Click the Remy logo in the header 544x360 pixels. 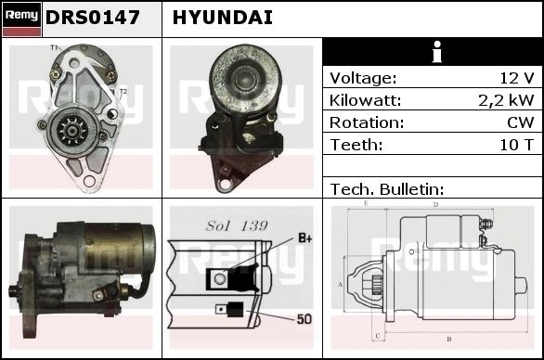tap(22, 19)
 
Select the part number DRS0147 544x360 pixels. tap(93, 18)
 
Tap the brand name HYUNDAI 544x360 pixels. tap(223, 18)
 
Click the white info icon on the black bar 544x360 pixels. tap(437, 52)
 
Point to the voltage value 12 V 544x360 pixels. tap(516, 78)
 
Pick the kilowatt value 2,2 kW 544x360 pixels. tap(506, 100)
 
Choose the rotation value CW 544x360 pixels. tap(521, 122)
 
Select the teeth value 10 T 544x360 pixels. tap(516, 145)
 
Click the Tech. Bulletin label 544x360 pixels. tap(387, 189)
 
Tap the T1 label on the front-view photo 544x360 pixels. tap(54, 47)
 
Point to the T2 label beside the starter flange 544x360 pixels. tap(123, 92)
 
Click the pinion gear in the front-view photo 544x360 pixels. tap(71, 131)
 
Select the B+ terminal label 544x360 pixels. tap(305, 238)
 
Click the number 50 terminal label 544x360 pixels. tap(304, 319)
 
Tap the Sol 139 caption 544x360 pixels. tap(237, 225)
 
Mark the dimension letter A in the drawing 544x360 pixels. tap(341, 285)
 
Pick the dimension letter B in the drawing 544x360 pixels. tap(449, 339)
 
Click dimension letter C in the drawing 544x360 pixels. tap(378, 336)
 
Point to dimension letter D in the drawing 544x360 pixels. tap(436, 205)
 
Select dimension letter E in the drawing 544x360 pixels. tap(366, 203)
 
